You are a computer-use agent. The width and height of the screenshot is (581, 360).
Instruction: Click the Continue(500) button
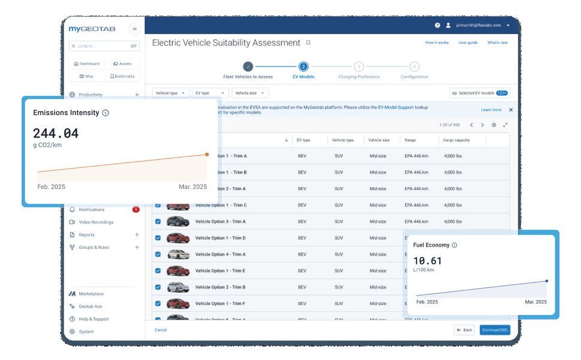(495, 330)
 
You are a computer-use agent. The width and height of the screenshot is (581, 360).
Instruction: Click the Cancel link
(161, 330)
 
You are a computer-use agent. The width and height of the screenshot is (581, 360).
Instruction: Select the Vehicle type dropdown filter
(170, 93)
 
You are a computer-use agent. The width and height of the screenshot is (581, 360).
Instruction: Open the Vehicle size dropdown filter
(250, 93)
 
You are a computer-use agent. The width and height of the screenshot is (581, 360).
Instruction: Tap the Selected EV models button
(479, 93)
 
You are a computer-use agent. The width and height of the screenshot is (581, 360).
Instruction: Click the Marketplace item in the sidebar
(91, 293)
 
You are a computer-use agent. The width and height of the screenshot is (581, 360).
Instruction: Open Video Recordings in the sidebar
(95, 222)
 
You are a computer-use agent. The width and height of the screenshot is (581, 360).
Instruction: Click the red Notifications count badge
(136, 209)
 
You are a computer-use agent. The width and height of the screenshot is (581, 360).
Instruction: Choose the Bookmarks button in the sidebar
(122, 76)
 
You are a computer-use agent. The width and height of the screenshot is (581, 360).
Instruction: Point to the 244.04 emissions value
(56, 133)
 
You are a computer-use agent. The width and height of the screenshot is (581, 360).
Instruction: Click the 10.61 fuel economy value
(427, 261)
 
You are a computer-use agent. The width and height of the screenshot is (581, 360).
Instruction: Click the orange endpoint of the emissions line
(207, 154)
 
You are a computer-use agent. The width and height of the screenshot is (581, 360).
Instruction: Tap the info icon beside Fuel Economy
(454, 245)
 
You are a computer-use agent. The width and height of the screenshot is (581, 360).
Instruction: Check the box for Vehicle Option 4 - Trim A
(158, 254)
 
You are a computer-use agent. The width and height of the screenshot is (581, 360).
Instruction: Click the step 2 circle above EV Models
(303, 67)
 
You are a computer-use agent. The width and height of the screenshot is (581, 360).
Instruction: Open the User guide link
(468, 43)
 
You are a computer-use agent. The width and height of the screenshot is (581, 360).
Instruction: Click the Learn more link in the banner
(491, 110)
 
